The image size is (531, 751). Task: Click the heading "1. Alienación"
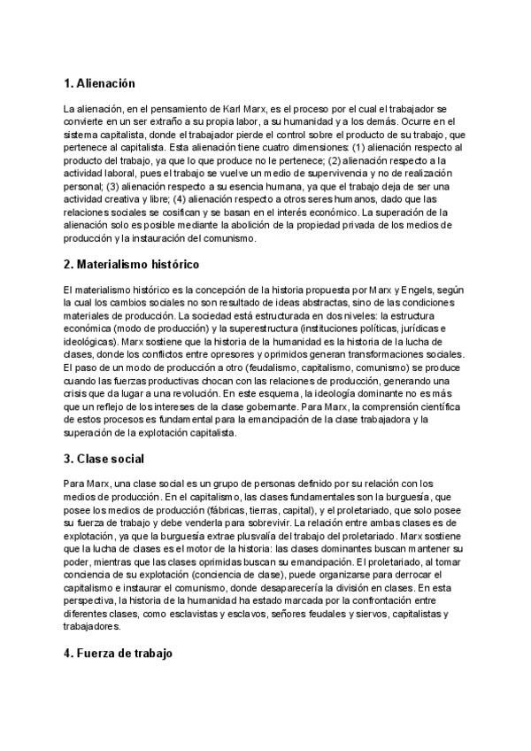[x=99, y=83]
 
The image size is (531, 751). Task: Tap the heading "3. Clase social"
[x=104, y=459]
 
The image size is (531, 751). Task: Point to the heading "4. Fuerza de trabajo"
[x=119, y=654]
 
